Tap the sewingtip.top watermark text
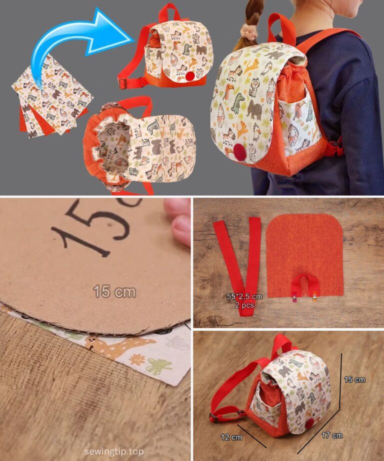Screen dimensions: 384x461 click(x=114, y=451)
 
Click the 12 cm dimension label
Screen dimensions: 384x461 click(x=231, y=437)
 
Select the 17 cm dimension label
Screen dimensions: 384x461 click(x=332, y=435)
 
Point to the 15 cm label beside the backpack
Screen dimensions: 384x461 click(x=354, y=379)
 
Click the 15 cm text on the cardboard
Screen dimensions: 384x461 click(x=114, y=291)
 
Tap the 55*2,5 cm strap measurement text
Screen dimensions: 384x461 click(x=244, y=296)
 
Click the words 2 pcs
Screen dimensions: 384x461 click(x=244, y=305)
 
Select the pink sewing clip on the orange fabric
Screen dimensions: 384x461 click(x=294, y=297)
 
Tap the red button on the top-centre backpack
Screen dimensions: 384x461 click(x=190, y=76)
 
